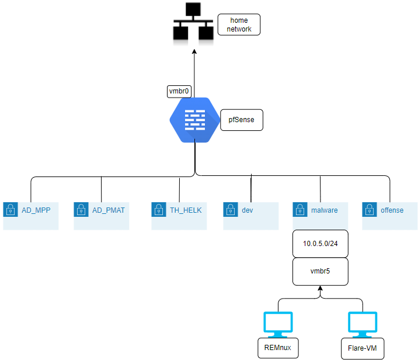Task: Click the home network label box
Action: click(x=239, y=25)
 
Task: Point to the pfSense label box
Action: click(x=242, y=119)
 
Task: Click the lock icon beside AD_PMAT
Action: click(x=81, y=210)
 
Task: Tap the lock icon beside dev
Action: click(x=230, y=210)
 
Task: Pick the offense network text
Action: click(x=392, y=210)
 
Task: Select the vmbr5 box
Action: click(x=320, y=272)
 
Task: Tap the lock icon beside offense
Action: click(x=369, y=210)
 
